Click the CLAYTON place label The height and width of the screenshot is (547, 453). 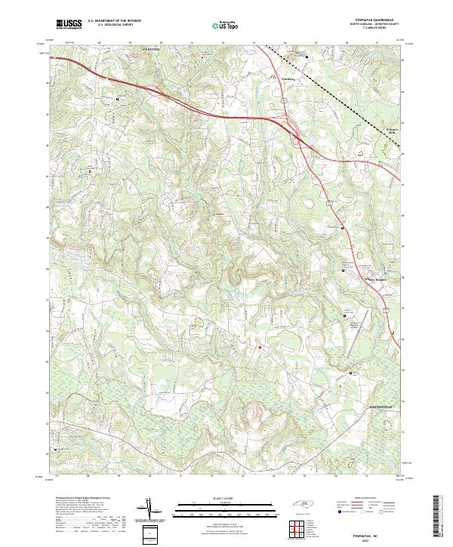click(153, 48)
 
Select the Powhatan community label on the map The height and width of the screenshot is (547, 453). click(288, 76)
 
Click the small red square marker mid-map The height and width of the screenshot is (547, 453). click(260, 347)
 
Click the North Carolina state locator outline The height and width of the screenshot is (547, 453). click(304, 504)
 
